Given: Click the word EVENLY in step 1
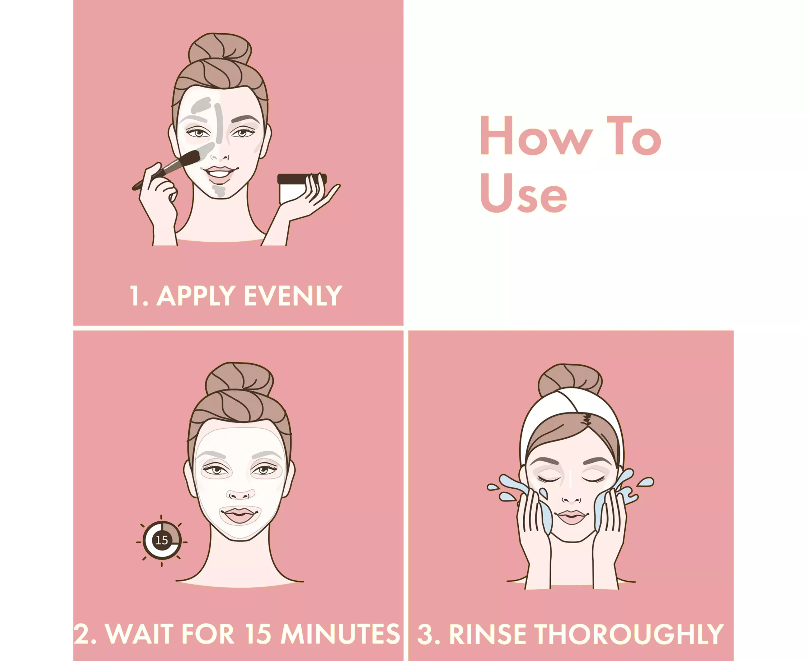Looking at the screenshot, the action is tap(293, 296).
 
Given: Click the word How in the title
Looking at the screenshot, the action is tap(537, 136).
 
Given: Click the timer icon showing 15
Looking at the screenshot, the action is tap(162, 540).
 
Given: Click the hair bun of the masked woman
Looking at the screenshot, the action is tap(239, 378).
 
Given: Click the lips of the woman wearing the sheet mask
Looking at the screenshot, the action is tap(239, 515).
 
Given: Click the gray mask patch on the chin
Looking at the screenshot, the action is tap(219, 190).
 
